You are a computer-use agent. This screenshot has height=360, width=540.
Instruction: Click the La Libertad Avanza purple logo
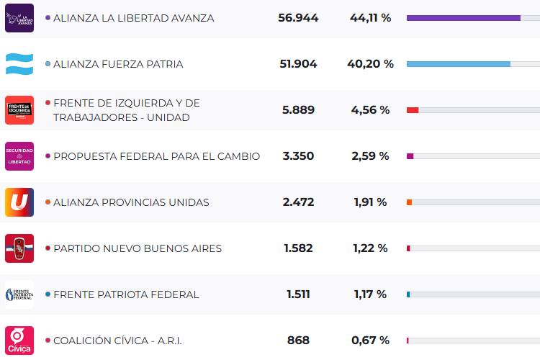click(19, 18)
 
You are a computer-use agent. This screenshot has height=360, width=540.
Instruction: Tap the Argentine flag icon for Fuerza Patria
click(19, 64)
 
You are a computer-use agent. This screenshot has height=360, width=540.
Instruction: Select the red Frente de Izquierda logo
click(19, 110)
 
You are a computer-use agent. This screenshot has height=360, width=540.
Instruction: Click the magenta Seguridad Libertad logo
click(19, 156)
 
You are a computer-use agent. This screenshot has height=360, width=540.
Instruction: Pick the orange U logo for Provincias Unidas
click(19, 202)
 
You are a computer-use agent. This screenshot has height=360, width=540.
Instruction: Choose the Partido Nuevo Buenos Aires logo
click(19, 248)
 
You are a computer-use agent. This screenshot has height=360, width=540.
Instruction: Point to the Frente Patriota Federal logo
click(19, 294)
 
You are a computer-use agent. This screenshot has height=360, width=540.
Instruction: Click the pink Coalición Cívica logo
click(19, 341)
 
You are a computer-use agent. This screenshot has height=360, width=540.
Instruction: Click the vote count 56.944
click(298, 18)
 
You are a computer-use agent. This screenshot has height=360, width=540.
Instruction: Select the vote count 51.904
click(298, 64)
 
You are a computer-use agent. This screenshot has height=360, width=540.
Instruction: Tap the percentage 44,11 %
click(370, 18)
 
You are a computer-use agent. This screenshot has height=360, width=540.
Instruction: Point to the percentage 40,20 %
click(370, 64)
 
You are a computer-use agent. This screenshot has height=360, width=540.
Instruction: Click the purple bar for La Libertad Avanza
click(463, 18)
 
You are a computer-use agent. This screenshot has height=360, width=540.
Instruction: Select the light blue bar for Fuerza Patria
click(458, 64)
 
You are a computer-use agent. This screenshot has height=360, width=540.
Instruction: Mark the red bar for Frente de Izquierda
click(413, 110)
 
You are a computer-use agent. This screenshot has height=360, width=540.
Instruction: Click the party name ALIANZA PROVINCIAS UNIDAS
click(131, 202)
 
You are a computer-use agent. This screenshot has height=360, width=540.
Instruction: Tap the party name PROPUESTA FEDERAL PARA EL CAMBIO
click(156, 156)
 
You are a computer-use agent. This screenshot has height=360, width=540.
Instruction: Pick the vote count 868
click(298, 341)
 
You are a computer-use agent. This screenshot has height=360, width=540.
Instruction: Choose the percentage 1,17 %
click(370, 294)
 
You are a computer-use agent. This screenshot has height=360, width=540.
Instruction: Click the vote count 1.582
click(298, 248)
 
